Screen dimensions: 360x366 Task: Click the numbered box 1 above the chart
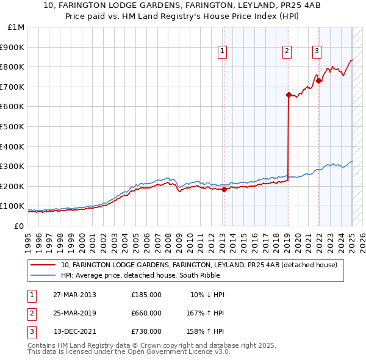point(223,52)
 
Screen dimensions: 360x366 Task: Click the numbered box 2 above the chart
point(287,52)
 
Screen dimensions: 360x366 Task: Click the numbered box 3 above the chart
point(317,52)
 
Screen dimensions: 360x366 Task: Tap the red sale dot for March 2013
point(224,189)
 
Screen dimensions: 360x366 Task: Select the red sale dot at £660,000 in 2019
point(288,95)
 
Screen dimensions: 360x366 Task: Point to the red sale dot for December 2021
point(319,81)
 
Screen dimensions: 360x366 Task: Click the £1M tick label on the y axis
point(16,27)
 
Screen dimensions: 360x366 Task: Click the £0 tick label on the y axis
point(19,226)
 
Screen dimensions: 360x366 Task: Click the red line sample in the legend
point(44,265)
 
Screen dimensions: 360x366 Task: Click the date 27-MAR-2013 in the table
point(74,295)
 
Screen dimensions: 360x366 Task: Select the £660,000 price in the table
point(146,313)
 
